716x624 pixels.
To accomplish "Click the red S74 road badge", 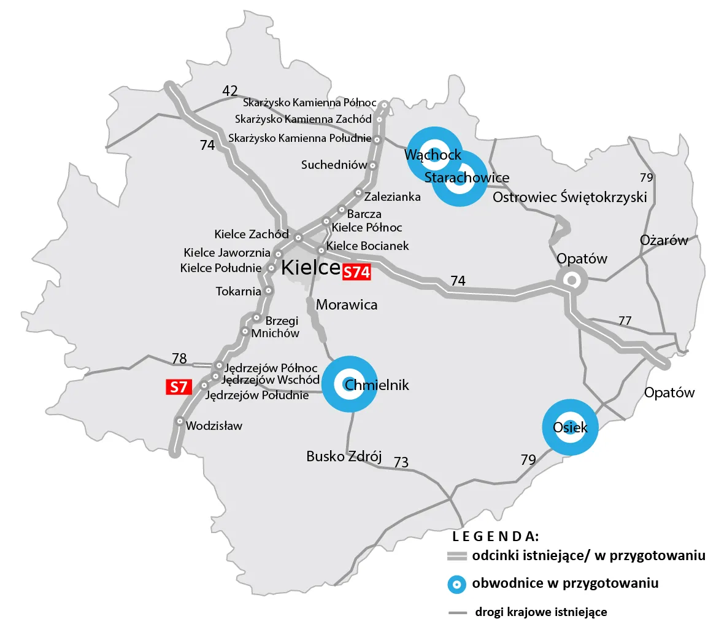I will coord(356,273).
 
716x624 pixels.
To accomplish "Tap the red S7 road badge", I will coord(179,387).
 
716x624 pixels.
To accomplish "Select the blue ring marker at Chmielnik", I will coord(349,384).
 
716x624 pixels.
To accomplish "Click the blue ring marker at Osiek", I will coord(570,427).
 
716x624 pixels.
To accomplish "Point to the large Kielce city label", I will coord(310,268).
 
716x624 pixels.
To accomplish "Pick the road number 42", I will coord(230,92).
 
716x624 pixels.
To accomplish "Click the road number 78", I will coord(179,358).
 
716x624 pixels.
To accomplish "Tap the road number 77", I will coord(625,321).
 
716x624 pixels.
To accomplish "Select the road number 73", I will coord(401,462).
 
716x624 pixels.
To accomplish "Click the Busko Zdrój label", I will coord(344,457).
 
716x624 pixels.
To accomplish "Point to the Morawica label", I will coord(347,305).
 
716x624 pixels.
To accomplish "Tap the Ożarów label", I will coord(664,240).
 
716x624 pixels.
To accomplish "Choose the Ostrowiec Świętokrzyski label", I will coord(570,198).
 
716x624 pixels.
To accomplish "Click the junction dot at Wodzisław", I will coord(179,421).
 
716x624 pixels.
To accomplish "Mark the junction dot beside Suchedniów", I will coord(372,165).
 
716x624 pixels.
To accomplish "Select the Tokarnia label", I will coord(239,291).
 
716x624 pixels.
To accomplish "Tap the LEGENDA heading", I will coord(495,536).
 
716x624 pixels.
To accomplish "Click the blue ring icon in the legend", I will coord(456,583).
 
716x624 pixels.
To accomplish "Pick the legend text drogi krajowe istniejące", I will coord(541,612).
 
